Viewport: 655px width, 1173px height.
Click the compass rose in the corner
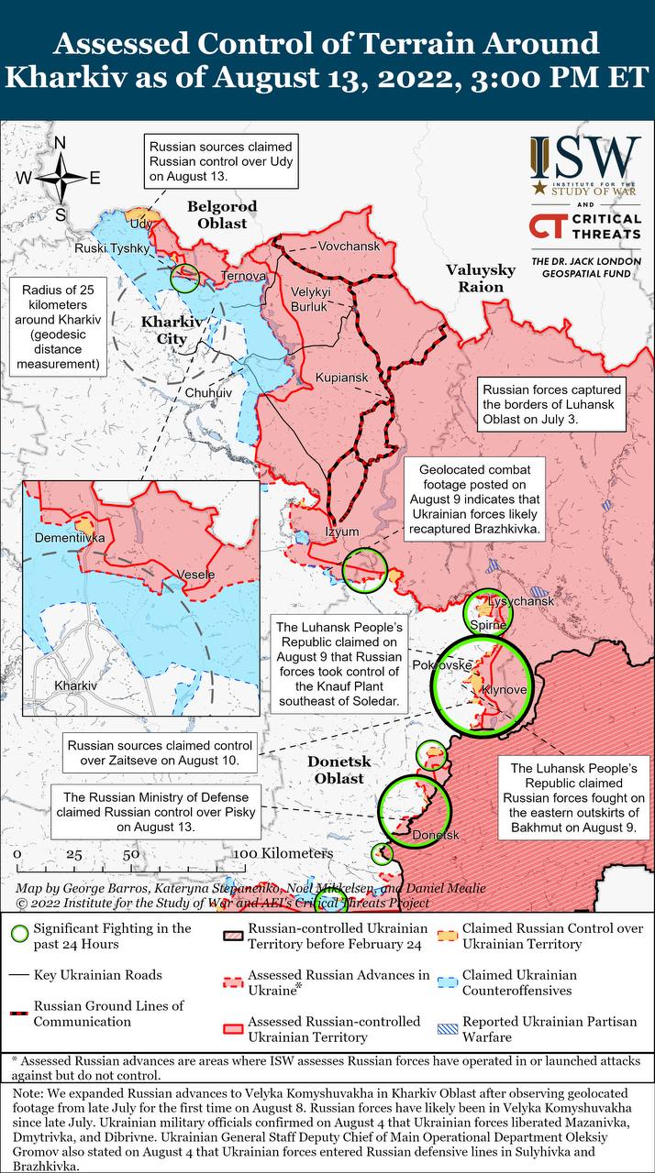[61, 177]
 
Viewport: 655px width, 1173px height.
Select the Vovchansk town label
[348, 247]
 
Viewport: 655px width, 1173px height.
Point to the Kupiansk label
[340, 378]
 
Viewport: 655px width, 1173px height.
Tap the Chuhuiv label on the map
[209, 392]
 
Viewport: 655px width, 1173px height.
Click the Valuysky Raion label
[475, 278]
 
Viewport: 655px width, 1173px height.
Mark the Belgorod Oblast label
[222, 214]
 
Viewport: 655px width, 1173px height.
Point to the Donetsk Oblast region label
[335, 770]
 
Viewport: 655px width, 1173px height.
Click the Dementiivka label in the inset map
[70, 538]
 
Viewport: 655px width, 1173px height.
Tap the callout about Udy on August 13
[219, 160]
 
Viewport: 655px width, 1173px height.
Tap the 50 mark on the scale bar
[132, 853]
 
